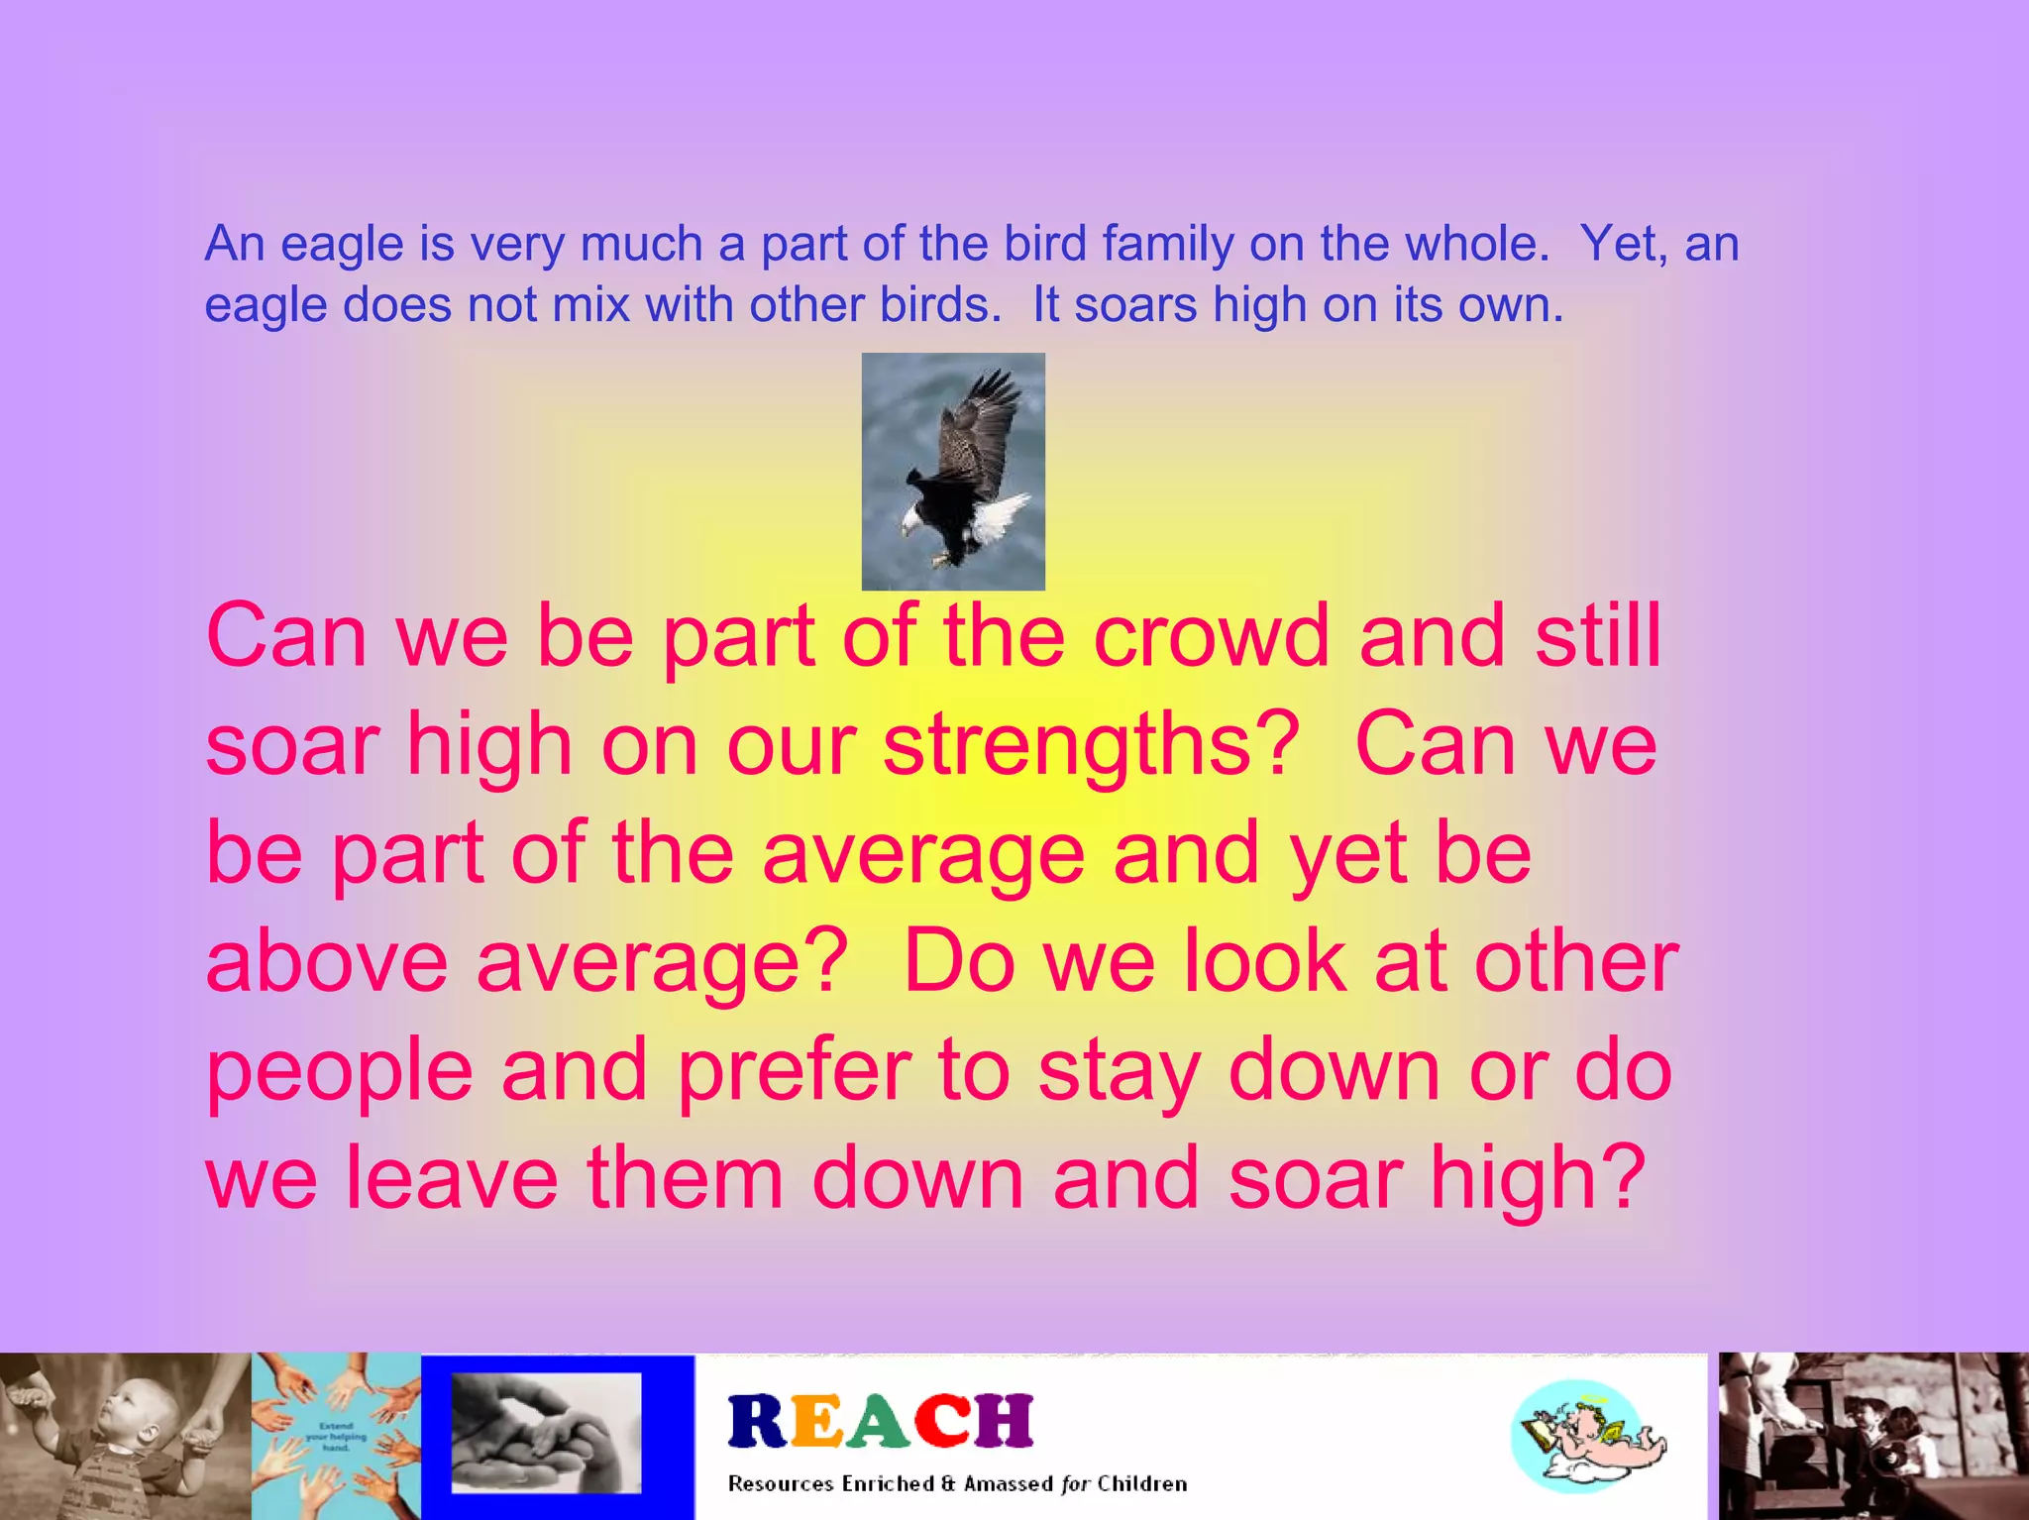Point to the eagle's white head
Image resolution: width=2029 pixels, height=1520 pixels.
913,522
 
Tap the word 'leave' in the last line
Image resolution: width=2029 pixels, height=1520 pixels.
452,1179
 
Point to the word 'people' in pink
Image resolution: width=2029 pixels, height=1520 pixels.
339,1072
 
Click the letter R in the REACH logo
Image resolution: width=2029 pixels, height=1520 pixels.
758,1422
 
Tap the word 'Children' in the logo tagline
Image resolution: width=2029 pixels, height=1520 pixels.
1141,1483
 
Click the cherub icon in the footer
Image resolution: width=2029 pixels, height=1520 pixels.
1587,1437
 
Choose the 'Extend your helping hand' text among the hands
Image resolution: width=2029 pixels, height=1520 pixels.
336,1436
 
